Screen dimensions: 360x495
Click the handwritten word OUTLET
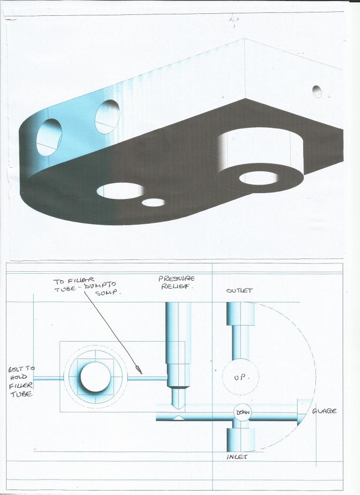(x=239, y=290)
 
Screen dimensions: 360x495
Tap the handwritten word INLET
(x=237, y=456)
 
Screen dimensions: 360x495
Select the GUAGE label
(x=324, y=411)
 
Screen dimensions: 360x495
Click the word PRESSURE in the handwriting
(x=176, y=279)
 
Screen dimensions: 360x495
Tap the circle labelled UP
(x=240, y=377)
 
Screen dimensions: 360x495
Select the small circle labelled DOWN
(x=243, y=412)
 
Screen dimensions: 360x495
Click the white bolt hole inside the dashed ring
(x=96, y=378)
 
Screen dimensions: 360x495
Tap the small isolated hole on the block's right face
(x=317, y=92)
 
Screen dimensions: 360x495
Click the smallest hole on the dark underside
(x=153, y=202)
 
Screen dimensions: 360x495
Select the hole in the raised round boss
(x=259, y=178)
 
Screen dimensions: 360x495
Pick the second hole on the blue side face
(x=107, y=116)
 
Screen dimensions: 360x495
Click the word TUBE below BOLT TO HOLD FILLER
(x=21, y=394)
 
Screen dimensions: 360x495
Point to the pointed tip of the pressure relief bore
(x=179, y=408)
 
